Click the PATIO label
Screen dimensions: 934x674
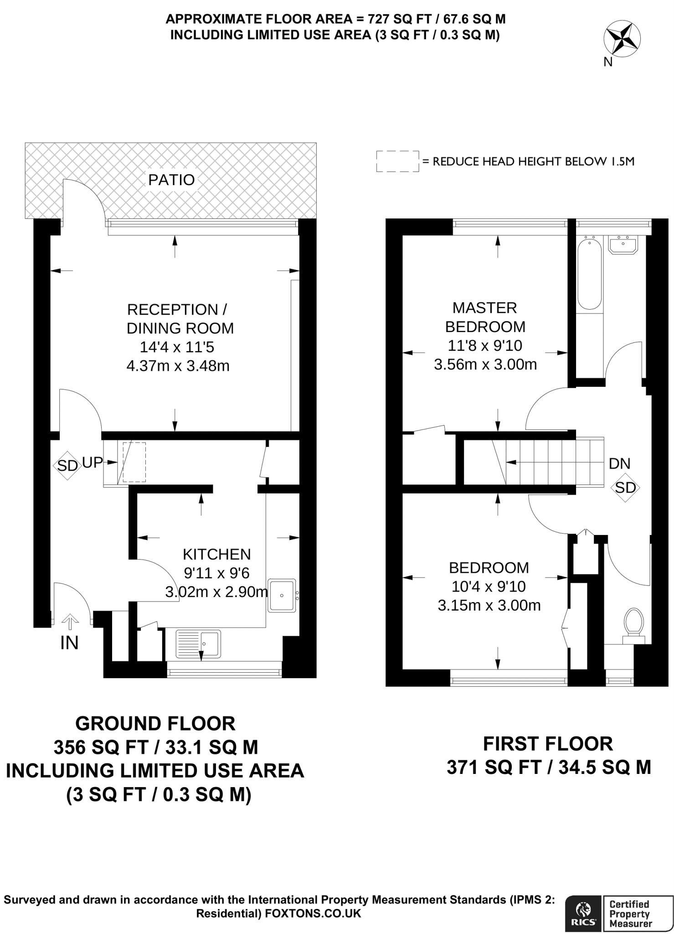point(171,180)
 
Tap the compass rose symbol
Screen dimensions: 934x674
point(622,40)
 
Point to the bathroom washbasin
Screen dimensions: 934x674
point(623,245)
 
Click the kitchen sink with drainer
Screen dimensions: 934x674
point(198,643)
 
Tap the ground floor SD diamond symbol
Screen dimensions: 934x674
point(67,466)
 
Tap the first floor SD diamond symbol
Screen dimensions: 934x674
point(625,488)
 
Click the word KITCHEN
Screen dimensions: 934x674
point(216,554)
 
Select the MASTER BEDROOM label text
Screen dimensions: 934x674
point(485,317)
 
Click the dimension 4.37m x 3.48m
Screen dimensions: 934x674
point(178,366)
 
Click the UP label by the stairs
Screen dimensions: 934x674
point(92,462)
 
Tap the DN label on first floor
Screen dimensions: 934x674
point(619,464)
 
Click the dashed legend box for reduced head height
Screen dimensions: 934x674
point(397,161)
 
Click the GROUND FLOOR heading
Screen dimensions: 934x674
point(155,724)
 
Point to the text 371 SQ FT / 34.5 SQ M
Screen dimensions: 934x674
point(549,768)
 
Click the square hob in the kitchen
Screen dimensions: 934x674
point(282,596)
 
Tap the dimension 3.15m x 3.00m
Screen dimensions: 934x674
point(489,606)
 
